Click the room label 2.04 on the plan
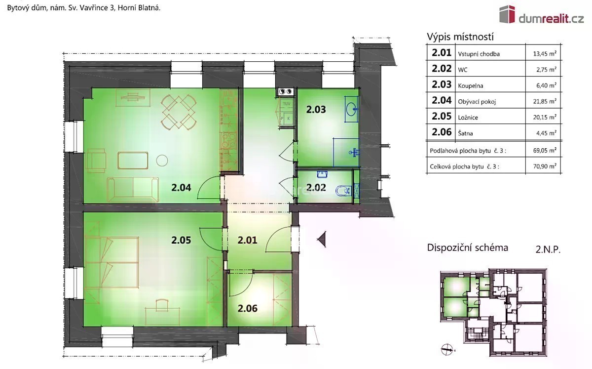181,188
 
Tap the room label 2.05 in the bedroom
181,240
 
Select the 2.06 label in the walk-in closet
247,308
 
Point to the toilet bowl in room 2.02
343,191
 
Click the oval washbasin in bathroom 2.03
352,109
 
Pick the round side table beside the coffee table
162,161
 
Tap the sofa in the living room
133,190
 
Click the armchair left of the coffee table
96,161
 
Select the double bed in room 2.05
111,263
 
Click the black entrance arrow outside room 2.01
322,240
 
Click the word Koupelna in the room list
471,86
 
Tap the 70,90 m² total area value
545,166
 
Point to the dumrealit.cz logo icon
507,14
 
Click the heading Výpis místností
460,37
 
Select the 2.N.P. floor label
548,249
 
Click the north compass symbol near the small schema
447,350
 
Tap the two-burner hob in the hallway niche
286,91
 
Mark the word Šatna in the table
465,133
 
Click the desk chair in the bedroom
162,305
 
